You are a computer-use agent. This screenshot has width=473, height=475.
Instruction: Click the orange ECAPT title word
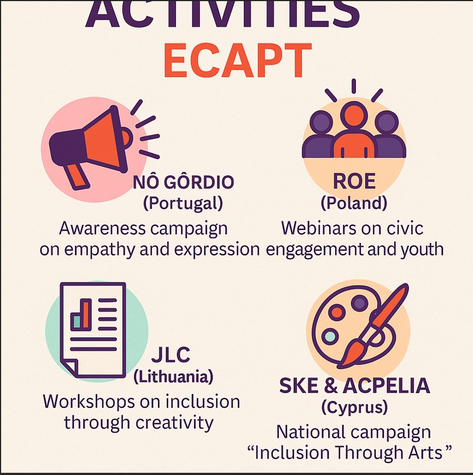tap(237, 60)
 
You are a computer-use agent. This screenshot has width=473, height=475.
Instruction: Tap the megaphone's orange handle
tap(77, 176)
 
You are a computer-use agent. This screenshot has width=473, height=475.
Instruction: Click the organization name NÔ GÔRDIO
tap(183, 182)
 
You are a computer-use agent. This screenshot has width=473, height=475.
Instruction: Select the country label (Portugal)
tap(183, 203)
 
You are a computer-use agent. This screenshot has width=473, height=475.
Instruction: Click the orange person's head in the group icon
tap(354, 116)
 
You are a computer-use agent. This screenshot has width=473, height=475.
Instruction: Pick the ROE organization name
tap(354, 181)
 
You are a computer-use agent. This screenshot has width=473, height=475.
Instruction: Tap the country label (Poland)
tap(354, 203)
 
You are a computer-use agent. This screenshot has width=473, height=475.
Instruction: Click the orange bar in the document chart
tap(86, 314)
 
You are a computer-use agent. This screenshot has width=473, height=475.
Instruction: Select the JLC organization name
tap(171, 354)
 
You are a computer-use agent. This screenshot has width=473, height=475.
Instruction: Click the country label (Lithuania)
tap(173, 377)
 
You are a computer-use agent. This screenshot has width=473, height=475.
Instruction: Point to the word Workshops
tap(89, 402)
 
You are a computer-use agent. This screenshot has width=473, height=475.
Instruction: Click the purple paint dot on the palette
tap(359, 303)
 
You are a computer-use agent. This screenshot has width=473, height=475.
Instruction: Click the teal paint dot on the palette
tap(330, 336)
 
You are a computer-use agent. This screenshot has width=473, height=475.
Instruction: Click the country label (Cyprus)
tap(354, 407)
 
